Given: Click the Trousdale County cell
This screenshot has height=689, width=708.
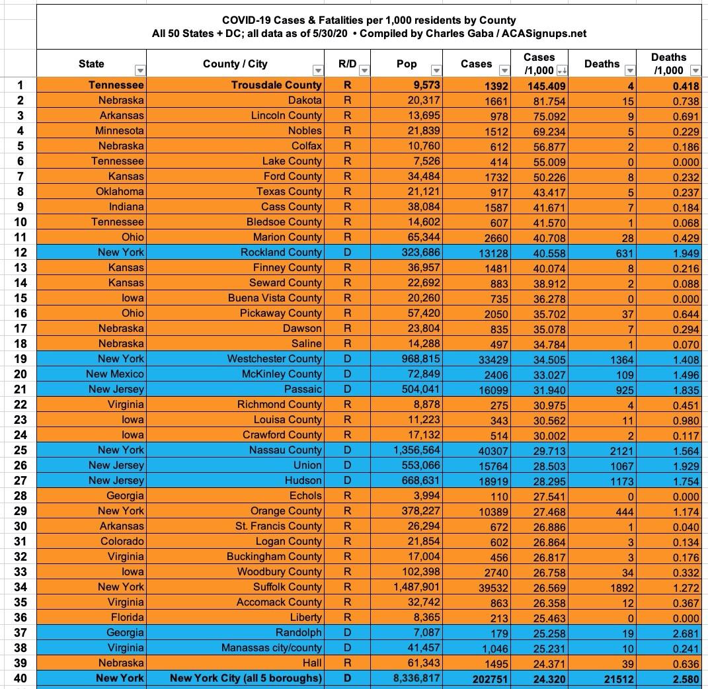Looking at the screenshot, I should (276, 85).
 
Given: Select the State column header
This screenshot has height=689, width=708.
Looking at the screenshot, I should (91, 63).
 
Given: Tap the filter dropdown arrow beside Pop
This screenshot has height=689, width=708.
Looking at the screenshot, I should (436, 71).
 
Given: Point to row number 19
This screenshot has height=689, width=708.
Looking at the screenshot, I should (20, 358).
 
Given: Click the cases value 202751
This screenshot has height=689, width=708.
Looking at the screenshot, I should (486, 678).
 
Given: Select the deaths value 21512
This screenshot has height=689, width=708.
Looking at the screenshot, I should (612, 678).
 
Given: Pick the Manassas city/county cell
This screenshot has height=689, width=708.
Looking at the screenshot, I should (272, 647).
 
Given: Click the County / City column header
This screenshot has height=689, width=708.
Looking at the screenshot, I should (235, 63).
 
